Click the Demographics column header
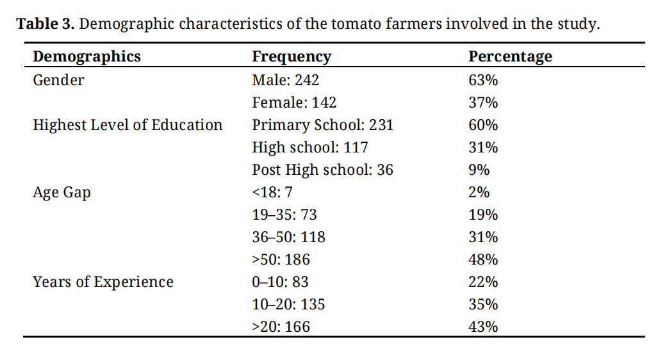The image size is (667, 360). [86, 56]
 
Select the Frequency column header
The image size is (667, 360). [292, 56]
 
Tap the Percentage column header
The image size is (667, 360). [510, 56]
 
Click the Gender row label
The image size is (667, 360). [58, 80]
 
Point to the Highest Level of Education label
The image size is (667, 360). [128, 125]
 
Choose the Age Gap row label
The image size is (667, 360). [62, 193]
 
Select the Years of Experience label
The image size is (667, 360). [103, 282]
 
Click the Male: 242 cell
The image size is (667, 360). [285, 80]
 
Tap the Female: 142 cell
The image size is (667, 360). [294, 102]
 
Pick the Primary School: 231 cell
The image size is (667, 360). [322, 125]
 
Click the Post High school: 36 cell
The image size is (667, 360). [322, 170]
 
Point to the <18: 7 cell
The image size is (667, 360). [272, 192]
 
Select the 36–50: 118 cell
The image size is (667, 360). [288, 237]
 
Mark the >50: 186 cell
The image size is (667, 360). [281, 259]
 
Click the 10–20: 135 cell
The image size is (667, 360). [288, 304]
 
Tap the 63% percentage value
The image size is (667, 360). [483, 80]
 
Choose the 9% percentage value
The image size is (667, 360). [479, 170]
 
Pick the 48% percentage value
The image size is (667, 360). [483, 259]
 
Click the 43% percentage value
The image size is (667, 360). [483, 327]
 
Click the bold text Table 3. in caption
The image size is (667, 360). [45, 24]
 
